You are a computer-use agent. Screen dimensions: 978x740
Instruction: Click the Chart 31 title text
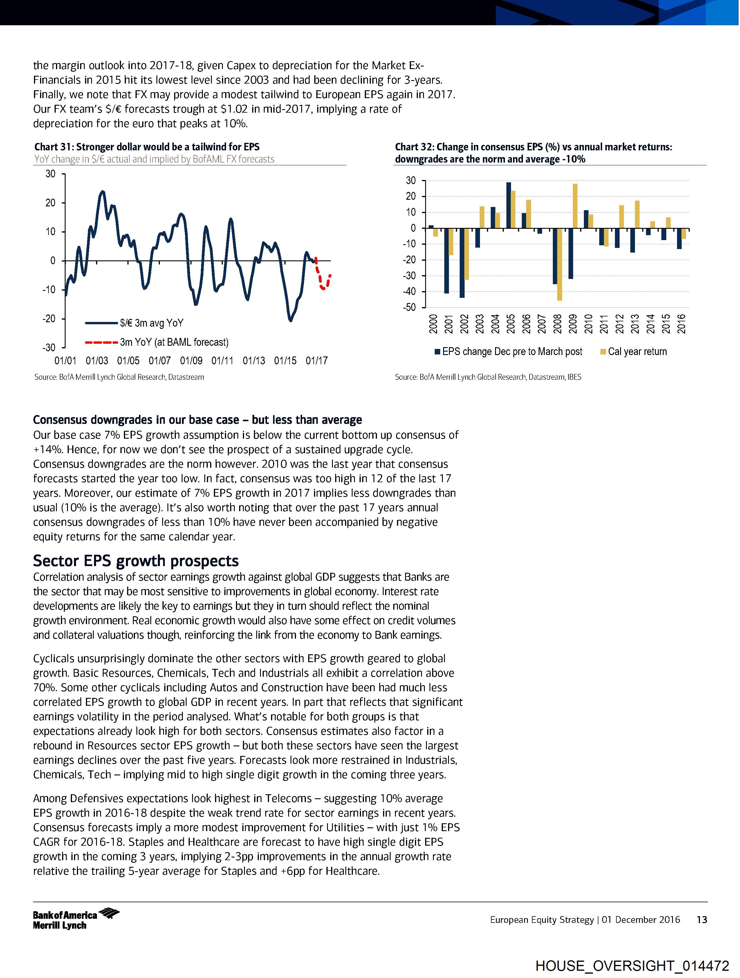point(147,147)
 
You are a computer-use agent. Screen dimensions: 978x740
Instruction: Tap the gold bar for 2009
point(575,206)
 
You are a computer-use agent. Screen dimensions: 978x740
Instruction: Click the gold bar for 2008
point(559,264)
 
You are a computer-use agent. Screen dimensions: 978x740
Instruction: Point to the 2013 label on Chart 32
point(635,324)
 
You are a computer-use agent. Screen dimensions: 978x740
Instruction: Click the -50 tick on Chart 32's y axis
point(409,307)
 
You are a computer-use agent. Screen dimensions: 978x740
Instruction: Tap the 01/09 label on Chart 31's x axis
point(191,361)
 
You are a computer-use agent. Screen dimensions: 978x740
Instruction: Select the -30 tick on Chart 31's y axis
point(49,347)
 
